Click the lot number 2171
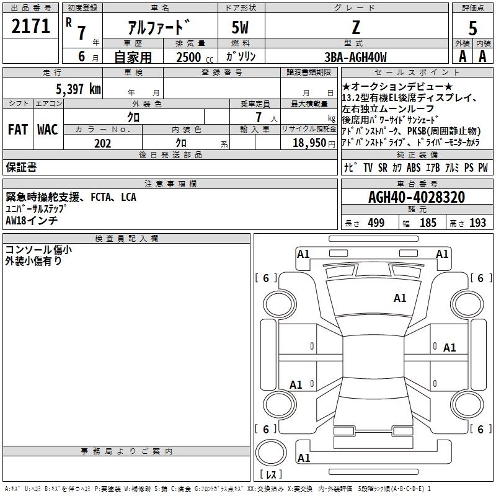(x=30, y=27)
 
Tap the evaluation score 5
(x=472, y=28)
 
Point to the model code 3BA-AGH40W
(x=355, y=57)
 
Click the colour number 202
(x=102, y=143)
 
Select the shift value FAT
(x=17, y=130)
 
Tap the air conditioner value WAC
(x=47, y=130)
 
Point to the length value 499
(x=376, y=223)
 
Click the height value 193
(x=477, y=223)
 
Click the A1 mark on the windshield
(x=400, y=298)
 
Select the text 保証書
(x=21, y=167)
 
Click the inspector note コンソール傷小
(x=38, y=250)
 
